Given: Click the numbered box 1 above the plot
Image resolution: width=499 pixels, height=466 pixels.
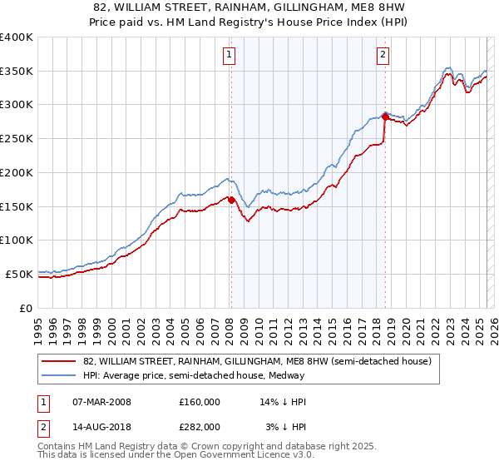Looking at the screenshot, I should point(229,56).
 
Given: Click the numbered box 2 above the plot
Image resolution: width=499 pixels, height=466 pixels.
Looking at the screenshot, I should point(383,56).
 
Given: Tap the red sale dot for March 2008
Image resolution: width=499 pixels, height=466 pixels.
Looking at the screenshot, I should point(231,200).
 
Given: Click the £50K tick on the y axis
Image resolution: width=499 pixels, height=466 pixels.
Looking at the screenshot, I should point(19,274).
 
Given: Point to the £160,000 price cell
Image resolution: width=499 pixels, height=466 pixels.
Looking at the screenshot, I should point(200,402).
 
